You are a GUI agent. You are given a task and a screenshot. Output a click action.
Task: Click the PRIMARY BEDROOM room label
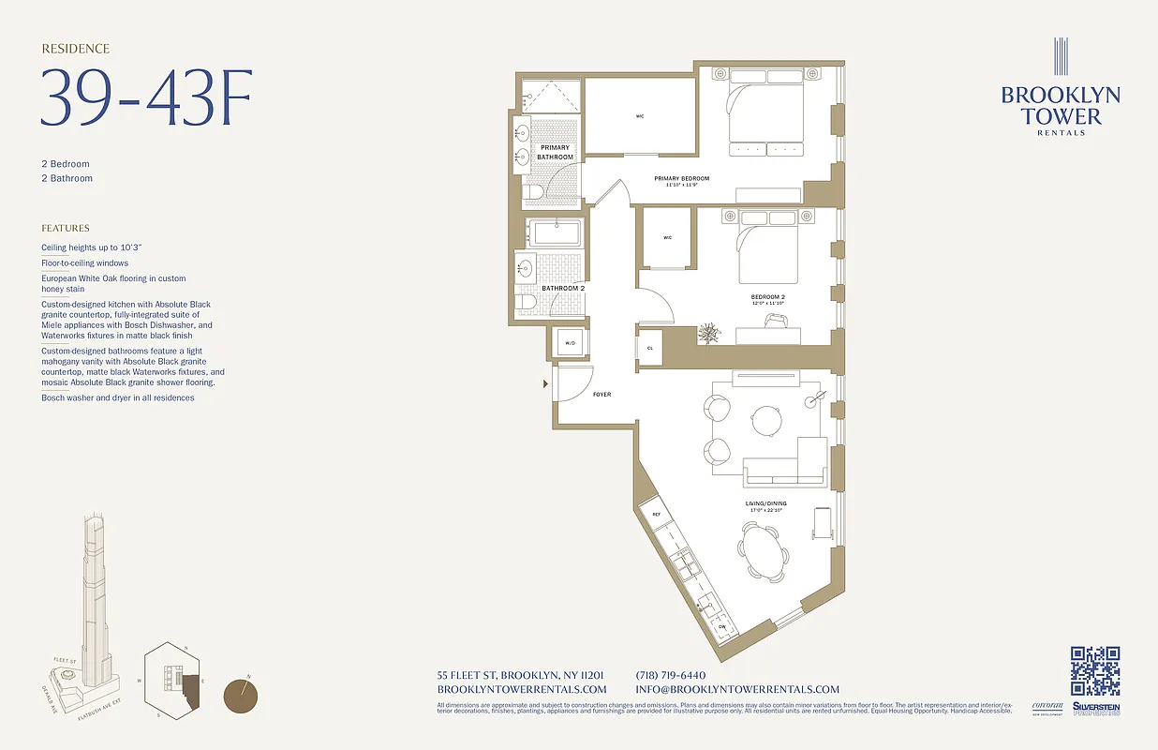click(x=681, y=178)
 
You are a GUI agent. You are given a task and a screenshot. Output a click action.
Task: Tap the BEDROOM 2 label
click(x=767, y=296)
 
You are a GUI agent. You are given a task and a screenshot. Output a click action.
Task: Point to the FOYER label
click(x=601, y=395)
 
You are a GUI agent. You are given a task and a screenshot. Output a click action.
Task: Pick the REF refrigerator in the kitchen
click(x=656, y=515)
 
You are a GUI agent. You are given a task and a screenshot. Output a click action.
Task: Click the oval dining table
click(x=761, y=553)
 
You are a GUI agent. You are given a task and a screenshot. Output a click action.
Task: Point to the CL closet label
click(x=649, y=348)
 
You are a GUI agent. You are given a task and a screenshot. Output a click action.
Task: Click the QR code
click(x=1095, y=671)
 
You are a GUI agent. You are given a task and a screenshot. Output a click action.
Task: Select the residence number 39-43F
click(x=146, y=97)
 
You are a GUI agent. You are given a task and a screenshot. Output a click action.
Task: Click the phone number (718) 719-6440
click(x=670, y=675)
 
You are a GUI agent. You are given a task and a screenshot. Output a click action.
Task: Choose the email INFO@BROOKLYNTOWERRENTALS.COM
click(x=737, y=689)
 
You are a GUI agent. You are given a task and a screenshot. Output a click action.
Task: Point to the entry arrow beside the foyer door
click(x=545, y=383)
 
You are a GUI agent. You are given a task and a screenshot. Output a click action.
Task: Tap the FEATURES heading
click(x=66, y=228)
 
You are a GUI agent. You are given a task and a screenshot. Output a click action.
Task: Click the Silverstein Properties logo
click(x=1096, y=710)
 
